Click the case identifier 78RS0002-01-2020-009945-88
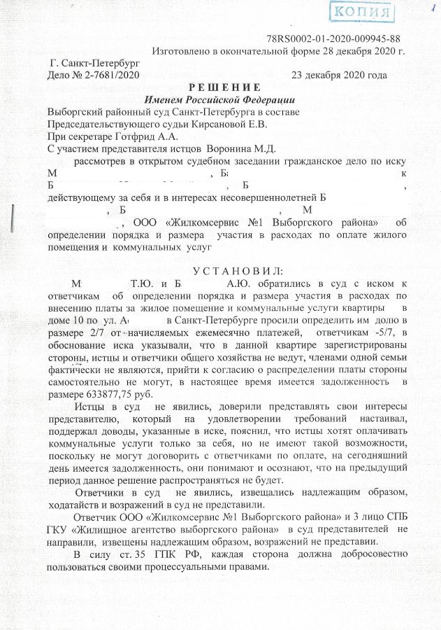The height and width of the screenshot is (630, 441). point(334,38)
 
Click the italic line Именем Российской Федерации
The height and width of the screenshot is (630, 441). point(219,100)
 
